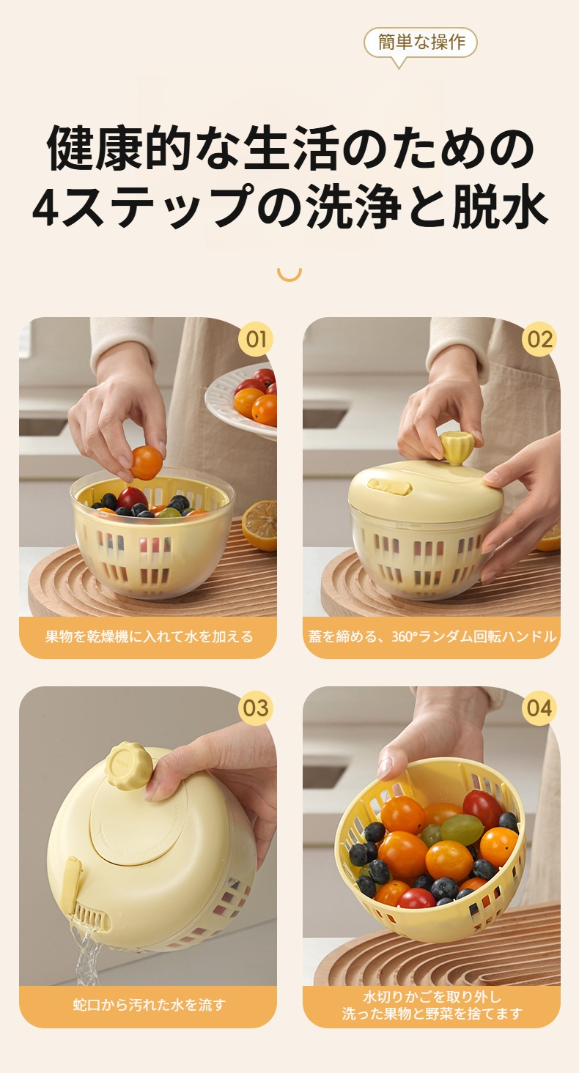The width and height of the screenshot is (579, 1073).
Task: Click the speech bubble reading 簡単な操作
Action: pyautogui.click(x=421, y=42)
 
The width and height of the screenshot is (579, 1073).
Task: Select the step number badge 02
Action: pyautogui.click(x=539, y=340)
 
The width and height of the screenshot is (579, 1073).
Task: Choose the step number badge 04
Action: pyautogui.click(x=539, y=708)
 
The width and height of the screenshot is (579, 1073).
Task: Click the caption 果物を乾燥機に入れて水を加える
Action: pyautogui.click(x=148, y=636)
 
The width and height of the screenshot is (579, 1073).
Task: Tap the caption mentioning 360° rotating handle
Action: pyautogui.click(x=431, y=636)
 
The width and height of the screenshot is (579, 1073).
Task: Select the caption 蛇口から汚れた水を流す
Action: pyautogui.click(x=148, y=1005)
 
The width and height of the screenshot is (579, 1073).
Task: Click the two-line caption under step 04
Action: pyautogui.click(x=431, y=1005)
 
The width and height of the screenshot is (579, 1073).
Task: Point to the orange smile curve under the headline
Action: pyautogui.click(x=289, y=275)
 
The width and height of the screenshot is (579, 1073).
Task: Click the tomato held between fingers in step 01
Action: pyautogui.click(x=147, y=463)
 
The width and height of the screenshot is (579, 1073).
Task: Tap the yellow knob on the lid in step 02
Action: pyautogui.click(x=456, y=448)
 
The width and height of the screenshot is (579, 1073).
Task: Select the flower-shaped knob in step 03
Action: pyautogui.click(x=129, y=766)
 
